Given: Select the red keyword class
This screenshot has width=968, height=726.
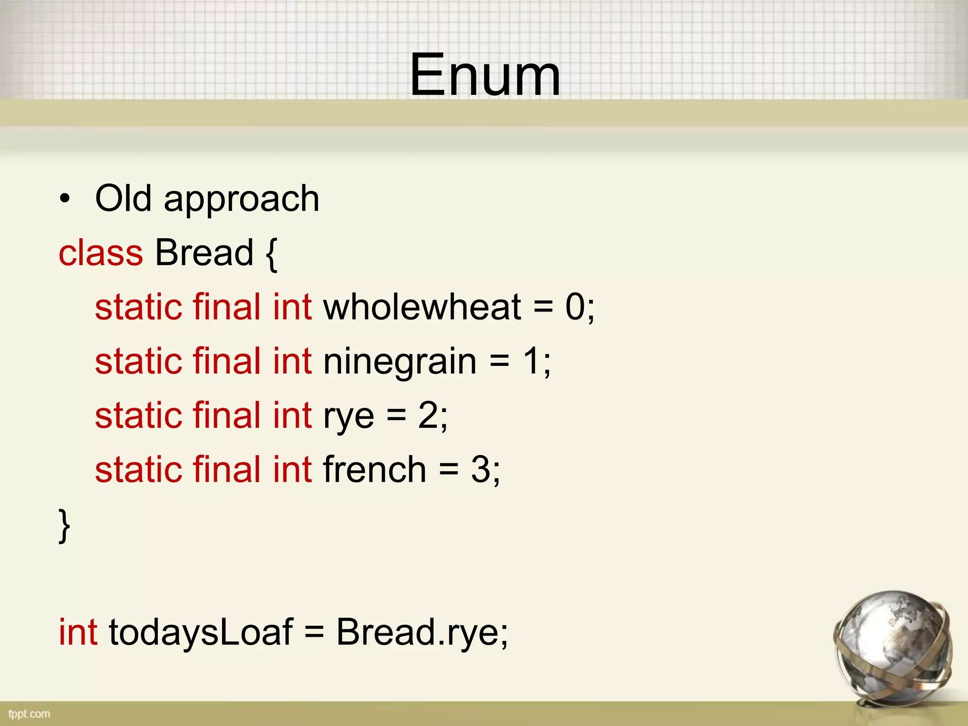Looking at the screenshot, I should [101, 253].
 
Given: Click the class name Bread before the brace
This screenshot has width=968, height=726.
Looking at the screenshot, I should [204, 253].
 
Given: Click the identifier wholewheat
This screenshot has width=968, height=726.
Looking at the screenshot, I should [422, 307].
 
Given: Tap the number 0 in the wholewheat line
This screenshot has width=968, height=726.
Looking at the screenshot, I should [575, 307].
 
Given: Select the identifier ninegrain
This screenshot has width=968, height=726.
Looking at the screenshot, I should [399, 362].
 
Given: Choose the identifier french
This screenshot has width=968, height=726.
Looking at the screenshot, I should [375, 470].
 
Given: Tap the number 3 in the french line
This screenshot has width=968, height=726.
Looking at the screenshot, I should [480, 470].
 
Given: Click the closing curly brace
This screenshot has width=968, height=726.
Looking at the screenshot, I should [64, 526].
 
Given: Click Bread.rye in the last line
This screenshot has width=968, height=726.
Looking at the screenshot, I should [421, 633].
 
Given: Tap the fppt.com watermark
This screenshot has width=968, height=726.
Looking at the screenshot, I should [29, 714].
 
